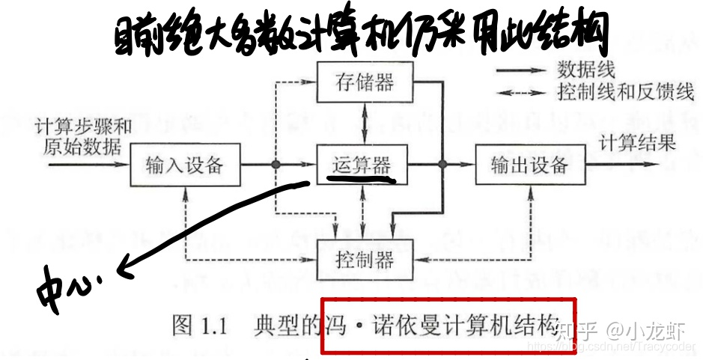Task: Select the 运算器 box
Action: click(362, 163)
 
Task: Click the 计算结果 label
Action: click(639, 141)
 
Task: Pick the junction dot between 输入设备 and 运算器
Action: click(276, 164)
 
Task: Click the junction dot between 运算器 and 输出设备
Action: click(442, 164)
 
